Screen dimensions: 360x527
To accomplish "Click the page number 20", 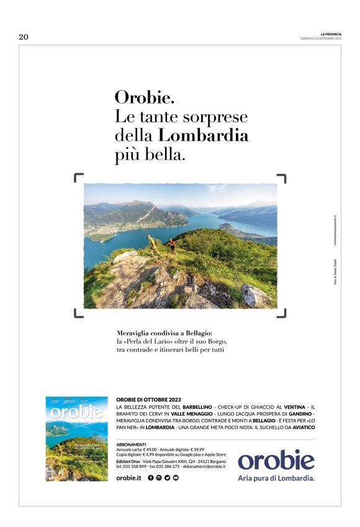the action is coord(24,37).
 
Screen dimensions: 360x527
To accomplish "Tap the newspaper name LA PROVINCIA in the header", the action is coord(331,34).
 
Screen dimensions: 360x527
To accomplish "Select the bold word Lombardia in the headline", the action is coord(203,135).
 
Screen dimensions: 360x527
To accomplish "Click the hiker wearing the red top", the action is coord(172,245).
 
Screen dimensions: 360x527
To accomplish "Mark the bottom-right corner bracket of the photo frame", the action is coord(282,313).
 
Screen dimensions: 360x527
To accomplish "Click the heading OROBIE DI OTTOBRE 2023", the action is coord(148,399).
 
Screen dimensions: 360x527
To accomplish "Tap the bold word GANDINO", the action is coord(300,413).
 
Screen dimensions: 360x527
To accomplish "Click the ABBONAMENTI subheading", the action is coord(131,444).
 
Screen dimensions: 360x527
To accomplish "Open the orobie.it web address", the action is coord(129,477).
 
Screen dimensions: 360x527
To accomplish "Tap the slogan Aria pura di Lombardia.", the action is coord(276,478).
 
